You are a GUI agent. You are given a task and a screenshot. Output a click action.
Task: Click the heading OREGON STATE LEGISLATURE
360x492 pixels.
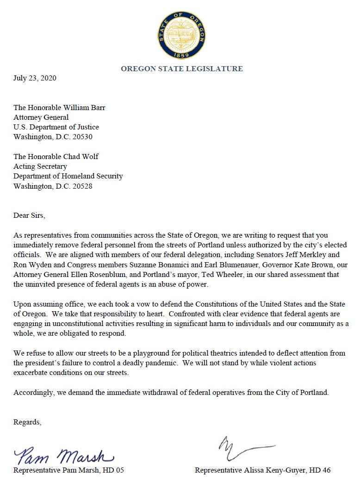[181, 69]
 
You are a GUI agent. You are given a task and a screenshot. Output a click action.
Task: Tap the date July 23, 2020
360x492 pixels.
[35, 78]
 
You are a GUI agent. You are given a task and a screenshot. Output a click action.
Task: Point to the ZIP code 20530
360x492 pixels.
[88, 137]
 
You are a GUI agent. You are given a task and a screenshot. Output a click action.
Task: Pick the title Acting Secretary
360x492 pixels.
[40, 166]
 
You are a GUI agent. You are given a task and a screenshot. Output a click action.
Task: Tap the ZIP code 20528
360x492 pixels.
[88, 186]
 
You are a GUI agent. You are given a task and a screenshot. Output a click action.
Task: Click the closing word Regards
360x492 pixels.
[27, 422]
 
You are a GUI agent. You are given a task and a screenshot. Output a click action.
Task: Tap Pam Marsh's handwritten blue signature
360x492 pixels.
[65, 456]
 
